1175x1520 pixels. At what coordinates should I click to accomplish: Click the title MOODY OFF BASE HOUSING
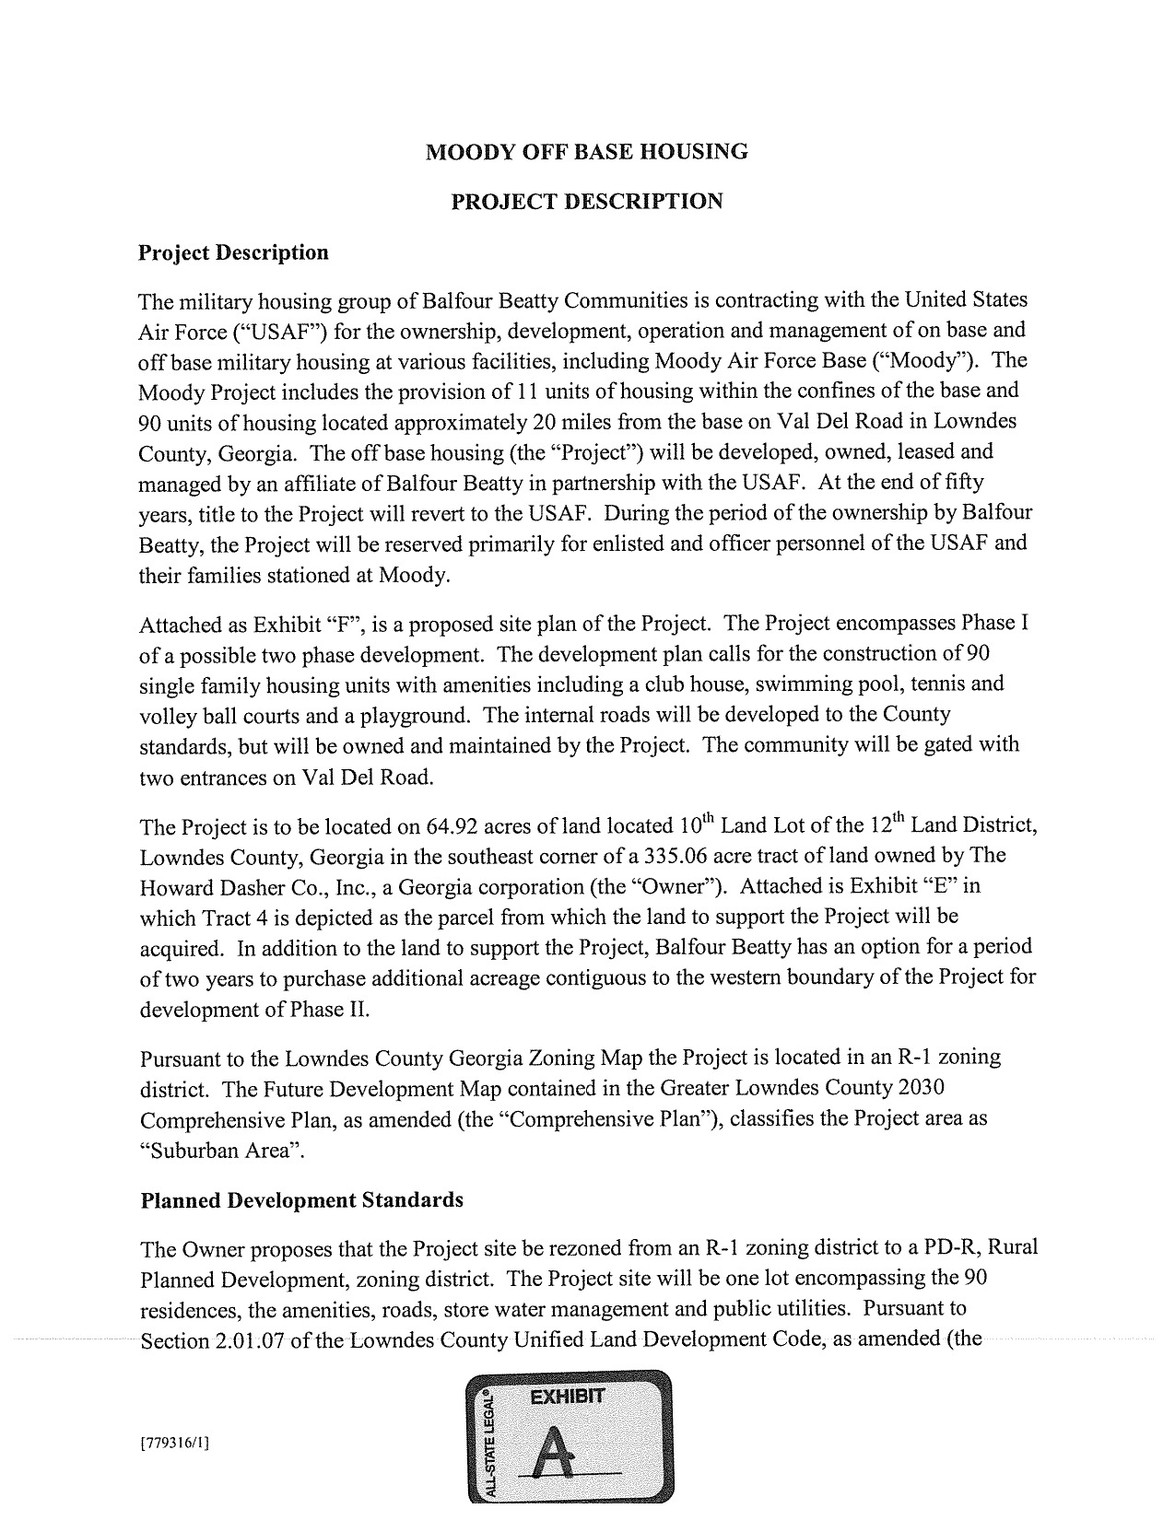pos(586,152)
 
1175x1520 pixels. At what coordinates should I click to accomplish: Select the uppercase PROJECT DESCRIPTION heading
pos(586,202)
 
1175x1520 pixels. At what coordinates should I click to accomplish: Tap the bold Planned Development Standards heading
pos(302,1200)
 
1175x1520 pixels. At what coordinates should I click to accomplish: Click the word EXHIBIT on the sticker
pos(568,1397)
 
